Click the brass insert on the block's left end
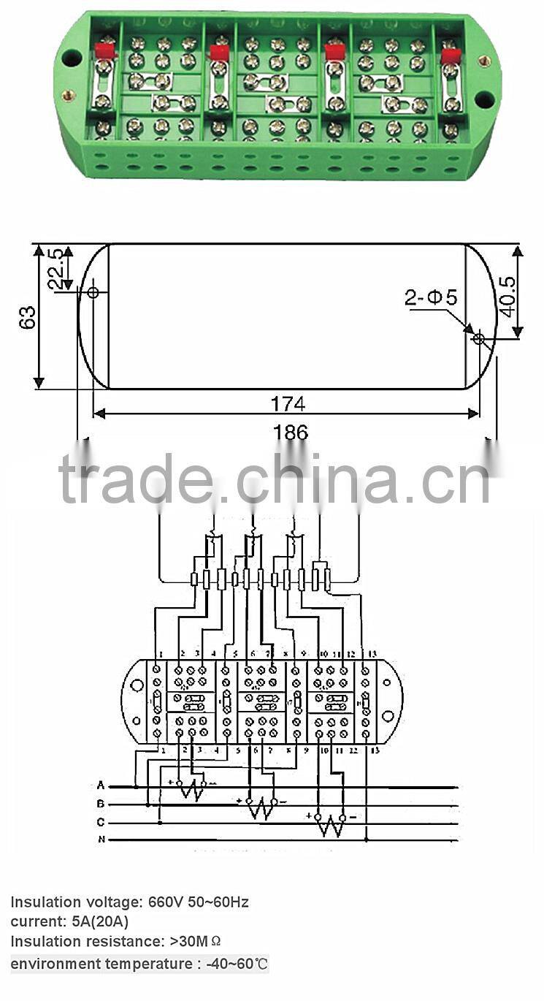[68, 94]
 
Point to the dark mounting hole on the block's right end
[484, 98]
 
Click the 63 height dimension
[27, 317]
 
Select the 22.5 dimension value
[55, 268]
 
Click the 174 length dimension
[288, 403]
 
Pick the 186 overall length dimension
[291, 432]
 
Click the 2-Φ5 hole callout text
[431, 297]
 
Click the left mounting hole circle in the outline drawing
[93, 292]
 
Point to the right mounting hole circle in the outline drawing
[479, 338]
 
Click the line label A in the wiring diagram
[101, 785]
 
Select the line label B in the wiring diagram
[101, 804]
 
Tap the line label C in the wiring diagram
[101, 822]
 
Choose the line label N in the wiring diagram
[101, 840]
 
